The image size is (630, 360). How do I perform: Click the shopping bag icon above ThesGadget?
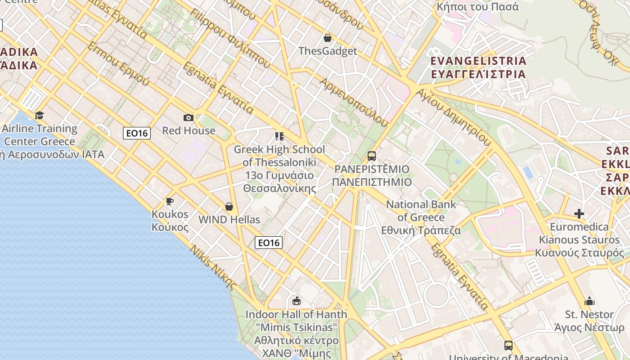[328, 38]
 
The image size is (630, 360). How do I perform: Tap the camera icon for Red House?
[189, 117]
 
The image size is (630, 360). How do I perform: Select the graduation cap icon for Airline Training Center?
[40, 115]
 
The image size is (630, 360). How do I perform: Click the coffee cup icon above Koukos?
[170, 201]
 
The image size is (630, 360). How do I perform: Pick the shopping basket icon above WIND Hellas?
[229, 207]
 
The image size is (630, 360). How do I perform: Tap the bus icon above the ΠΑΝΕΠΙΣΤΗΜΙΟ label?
[372, 156]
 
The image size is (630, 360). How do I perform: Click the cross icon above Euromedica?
[579, 213]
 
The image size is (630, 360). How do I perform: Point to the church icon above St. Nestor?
[589, 301]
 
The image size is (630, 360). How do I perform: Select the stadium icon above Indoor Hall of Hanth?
[296, 301]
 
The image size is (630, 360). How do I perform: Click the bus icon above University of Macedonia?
[508, 346]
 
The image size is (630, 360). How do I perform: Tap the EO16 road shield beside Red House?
[137, 133]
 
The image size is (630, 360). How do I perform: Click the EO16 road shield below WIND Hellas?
[269, 243]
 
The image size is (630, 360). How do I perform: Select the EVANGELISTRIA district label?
[478, 67]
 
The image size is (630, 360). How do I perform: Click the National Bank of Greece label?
[421, 217]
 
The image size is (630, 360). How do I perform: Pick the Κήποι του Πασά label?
[478, 7]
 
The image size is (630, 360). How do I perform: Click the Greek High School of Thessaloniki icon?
[279, 136]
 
